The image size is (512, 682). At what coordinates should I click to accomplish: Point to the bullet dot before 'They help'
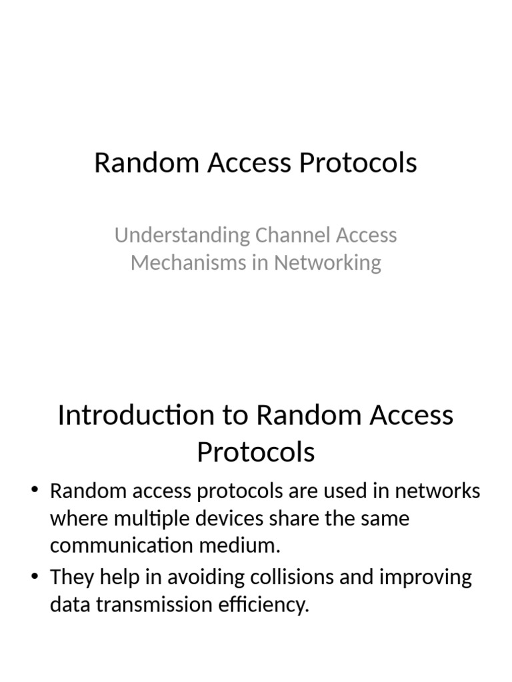click(35, 577)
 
